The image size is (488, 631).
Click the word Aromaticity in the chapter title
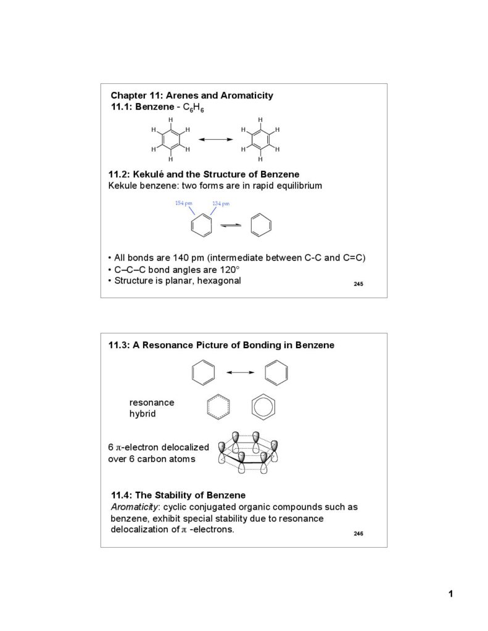click(x=247, y=96)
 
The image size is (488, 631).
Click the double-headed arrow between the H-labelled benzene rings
click(x=215, y=140)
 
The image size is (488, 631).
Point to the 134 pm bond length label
click(x=221, y=203)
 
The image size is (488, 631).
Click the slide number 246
click(x=358, y=533)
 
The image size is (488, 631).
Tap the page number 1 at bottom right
click(x=451, y=594)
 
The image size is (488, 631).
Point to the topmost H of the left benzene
click(x=171, y=119)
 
